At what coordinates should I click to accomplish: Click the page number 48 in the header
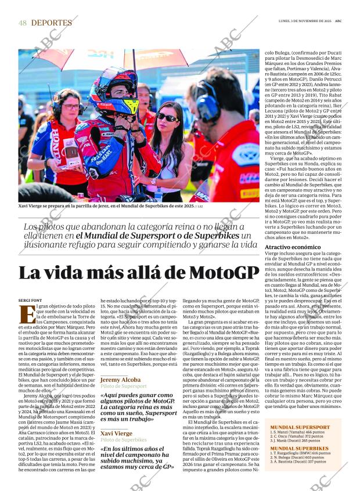coord(23,23)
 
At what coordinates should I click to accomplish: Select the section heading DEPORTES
coord(52,23)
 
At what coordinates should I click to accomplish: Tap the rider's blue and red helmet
coord(114,90)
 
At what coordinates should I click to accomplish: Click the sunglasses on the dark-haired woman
coord(167,118)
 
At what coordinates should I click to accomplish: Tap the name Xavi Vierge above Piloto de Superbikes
coord(116,433)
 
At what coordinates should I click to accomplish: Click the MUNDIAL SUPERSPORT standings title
coord(300,427)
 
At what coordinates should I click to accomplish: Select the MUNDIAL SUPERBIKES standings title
coord(299,448)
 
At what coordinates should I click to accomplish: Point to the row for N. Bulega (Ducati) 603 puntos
coord(297,457)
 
